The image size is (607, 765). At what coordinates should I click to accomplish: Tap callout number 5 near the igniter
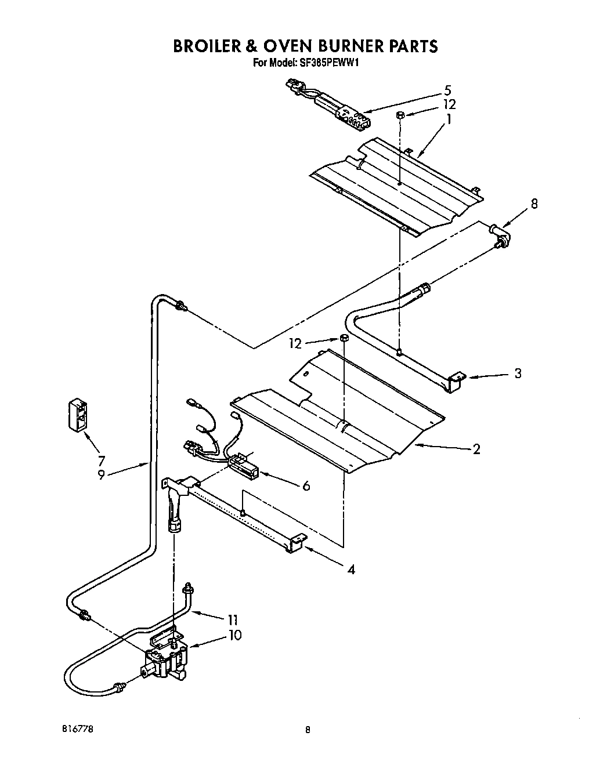(x=447, y=90)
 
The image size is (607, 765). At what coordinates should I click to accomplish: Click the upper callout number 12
(x=449, y=104)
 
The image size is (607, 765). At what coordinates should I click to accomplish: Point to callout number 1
(x=448, y=119)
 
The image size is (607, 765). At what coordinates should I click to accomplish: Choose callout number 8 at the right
(x=534, y=204)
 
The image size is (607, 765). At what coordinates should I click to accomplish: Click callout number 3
(x=517, y=374)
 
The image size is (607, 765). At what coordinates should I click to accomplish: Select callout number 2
(x=476, y=449)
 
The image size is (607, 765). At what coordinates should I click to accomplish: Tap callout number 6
(x=306, y=485)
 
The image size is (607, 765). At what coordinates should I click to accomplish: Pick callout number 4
(x=351, y=569)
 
